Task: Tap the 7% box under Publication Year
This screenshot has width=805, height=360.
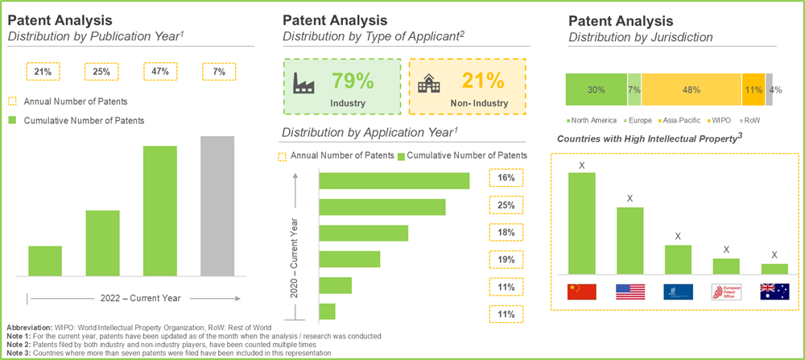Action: coord(217,72)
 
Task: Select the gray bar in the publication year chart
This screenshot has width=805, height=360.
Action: coord(217,205)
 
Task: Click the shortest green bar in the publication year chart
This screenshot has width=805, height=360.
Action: coord(45,260)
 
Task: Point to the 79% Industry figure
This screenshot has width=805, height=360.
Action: coord(353,81)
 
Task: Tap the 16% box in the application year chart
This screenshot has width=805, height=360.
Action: coord(506,178)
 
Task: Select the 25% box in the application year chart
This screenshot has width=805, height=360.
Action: coord(506,205)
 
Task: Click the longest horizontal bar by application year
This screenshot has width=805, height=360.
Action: coord(394,180)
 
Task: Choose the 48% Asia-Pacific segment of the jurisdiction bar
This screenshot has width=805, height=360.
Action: coord(691,89)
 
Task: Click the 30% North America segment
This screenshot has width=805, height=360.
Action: coord(596,89)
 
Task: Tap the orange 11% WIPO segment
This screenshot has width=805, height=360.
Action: coord(753,89)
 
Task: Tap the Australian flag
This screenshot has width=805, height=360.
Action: coord(774,292)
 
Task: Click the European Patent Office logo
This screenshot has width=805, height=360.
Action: coord(725,292)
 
